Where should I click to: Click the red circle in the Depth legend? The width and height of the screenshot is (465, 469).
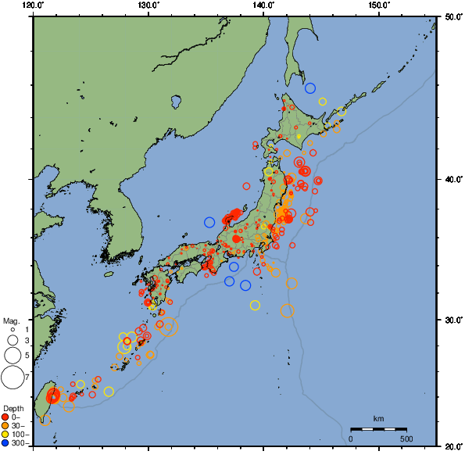tap(6, 417)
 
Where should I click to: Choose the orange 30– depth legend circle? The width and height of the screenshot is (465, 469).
tap(6, 425)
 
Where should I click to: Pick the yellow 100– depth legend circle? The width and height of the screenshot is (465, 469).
tap(6, 434)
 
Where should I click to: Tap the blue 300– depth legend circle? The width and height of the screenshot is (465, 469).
tap(6, 443)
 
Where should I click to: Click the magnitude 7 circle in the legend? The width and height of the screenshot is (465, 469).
tap(12, 378)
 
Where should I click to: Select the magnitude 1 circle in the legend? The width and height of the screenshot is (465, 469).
tap(13, 330)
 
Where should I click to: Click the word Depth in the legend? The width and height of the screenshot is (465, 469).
tap(13, 409)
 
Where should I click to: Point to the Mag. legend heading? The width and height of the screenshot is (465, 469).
tap(11, 320)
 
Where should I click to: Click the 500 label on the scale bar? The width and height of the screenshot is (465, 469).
tap(406, 439)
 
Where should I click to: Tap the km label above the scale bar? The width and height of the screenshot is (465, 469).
tap(378, 419)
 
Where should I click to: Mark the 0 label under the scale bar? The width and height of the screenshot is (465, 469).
tap(350, 439)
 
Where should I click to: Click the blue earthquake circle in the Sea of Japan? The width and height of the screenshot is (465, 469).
tap(209, 222)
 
